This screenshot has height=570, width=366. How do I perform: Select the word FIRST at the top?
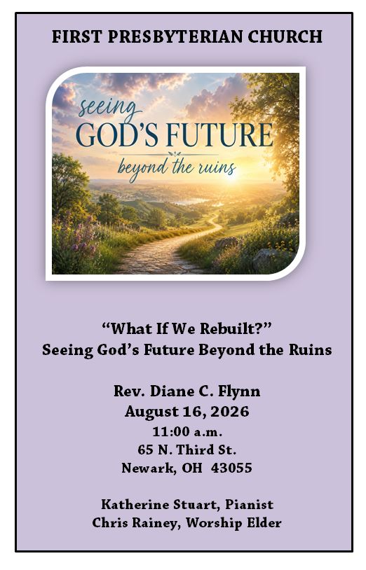(x=76, y=36)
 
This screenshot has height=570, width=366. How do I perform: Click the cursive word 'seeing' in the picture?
(x=109, y=109)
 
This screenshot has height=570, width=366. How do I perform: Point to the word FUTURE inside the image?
(x=219, y=135)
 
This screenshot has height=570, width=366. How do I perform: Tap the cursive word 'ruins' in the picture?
(x=217, y=167)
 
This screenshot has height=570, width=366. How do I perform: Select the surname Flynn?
(x=239, y=392)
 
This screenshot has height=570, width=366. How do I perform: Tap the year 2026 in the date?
(x=229, y=412)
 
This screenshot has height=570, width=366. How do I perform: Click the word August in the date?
(x=149, y=412)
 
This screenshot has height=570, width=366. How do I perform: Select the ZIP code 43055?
(x=231, y=468)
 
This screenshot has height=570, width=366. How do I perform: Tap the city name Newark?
(x=149, y=468)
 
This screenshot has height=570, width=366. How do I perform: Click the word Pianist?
(x=249, y=505)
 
